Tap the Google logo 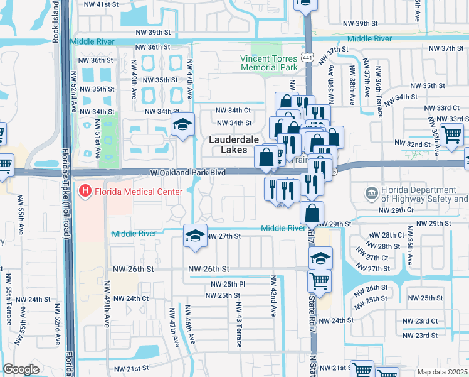coord(21,369)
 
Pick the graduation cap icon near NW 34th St coord(183,124)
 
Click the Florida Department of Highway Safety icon coord(372,192)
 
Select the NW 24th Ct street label coord(131,298)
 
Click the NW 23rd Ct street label coord(421,320)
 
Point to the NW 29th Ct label coord(396,210)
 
